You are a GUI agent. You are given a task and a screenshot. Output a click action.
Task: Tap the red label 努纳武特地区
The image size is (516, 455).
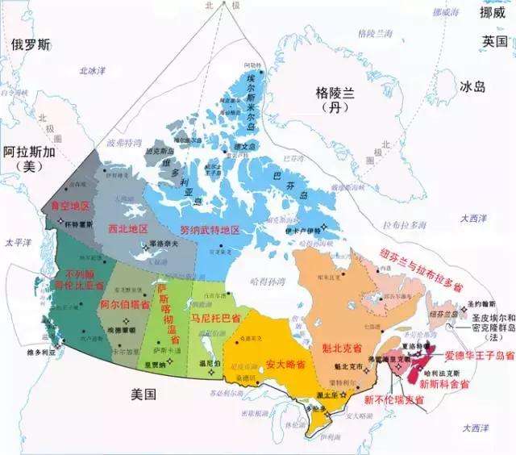pyautogui.click(x=210, y=230)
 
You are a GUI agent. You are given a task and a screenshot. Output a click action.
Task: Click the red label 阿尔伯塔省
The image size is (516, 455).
pyautogui.click(x=125, y=304)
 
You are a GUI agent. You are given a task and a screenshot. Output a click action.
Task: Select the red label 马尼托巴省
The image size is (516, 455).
pyautogui.click(x=215, y=319)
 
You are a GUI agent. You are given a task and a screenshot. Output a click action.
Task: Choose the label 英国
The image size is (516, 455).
pyautogui.click(x=493, y=40)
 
